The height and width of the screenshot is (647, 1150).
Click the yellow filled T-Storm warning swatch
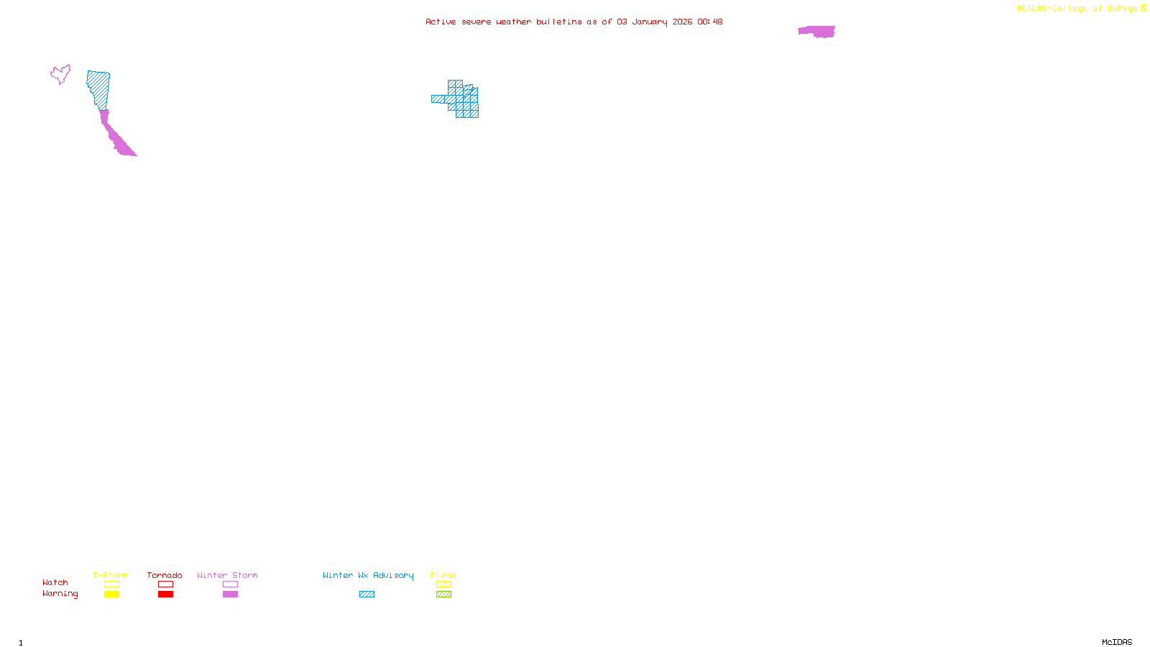click(111, 595)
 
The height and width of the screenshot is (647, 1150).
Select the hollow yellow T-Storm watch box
click(111, 584)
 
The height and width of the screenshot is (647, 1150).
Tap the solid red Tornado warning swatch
click(165, 595)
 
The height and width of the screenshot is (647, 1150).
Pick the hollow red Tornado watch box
click(165, 584)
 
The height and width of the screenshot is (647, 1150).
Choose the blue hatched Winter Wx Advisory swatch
click(367, 595)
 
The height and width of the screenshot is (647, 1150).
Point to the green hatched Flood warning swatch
click(443, 595)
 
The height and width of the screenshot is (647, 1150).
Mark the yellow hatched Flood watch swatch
click(443, 584)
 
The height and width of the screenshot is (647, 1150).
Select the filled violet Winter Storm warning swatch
click(230, 595)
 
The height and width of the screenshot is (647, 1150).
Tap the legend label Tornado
click(165, 575)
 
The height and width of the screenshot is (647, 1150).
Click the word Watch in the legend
click(55, 583)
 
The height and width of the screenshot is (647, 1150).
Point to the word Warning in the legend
click(60, 594)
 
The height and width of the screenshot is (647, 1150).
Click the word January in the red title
click(650, 22)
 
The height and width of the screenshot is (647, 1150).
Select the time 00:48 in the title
click(709, 22)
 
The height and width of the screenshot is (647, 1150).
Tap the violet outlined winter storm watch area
click(60, 74)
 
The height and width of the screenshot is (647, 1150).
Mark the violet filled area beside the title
click(817, 32)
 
